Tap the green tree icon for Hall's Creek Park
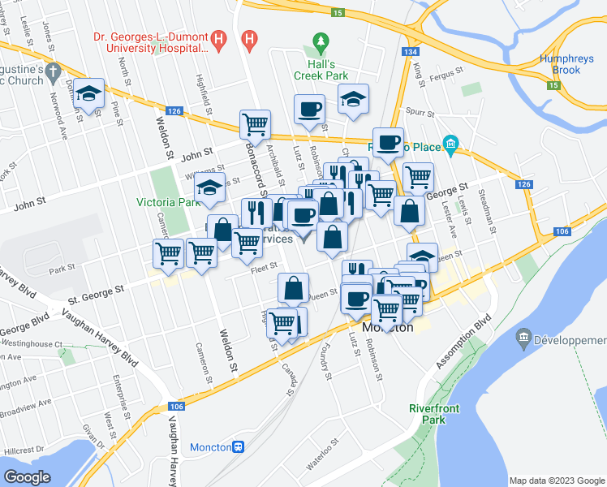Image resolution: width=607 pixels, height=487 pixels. [321, 42]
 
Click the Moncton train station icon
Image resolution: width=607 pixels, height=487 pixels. [239, 447]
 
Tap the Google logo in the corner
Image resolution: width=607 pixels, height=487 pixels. [27, 477]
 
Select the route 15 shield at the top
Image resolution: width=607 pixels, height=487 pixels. [338, 13]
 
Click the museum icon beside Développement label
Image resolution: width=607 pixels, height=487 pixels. [523, 337]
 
